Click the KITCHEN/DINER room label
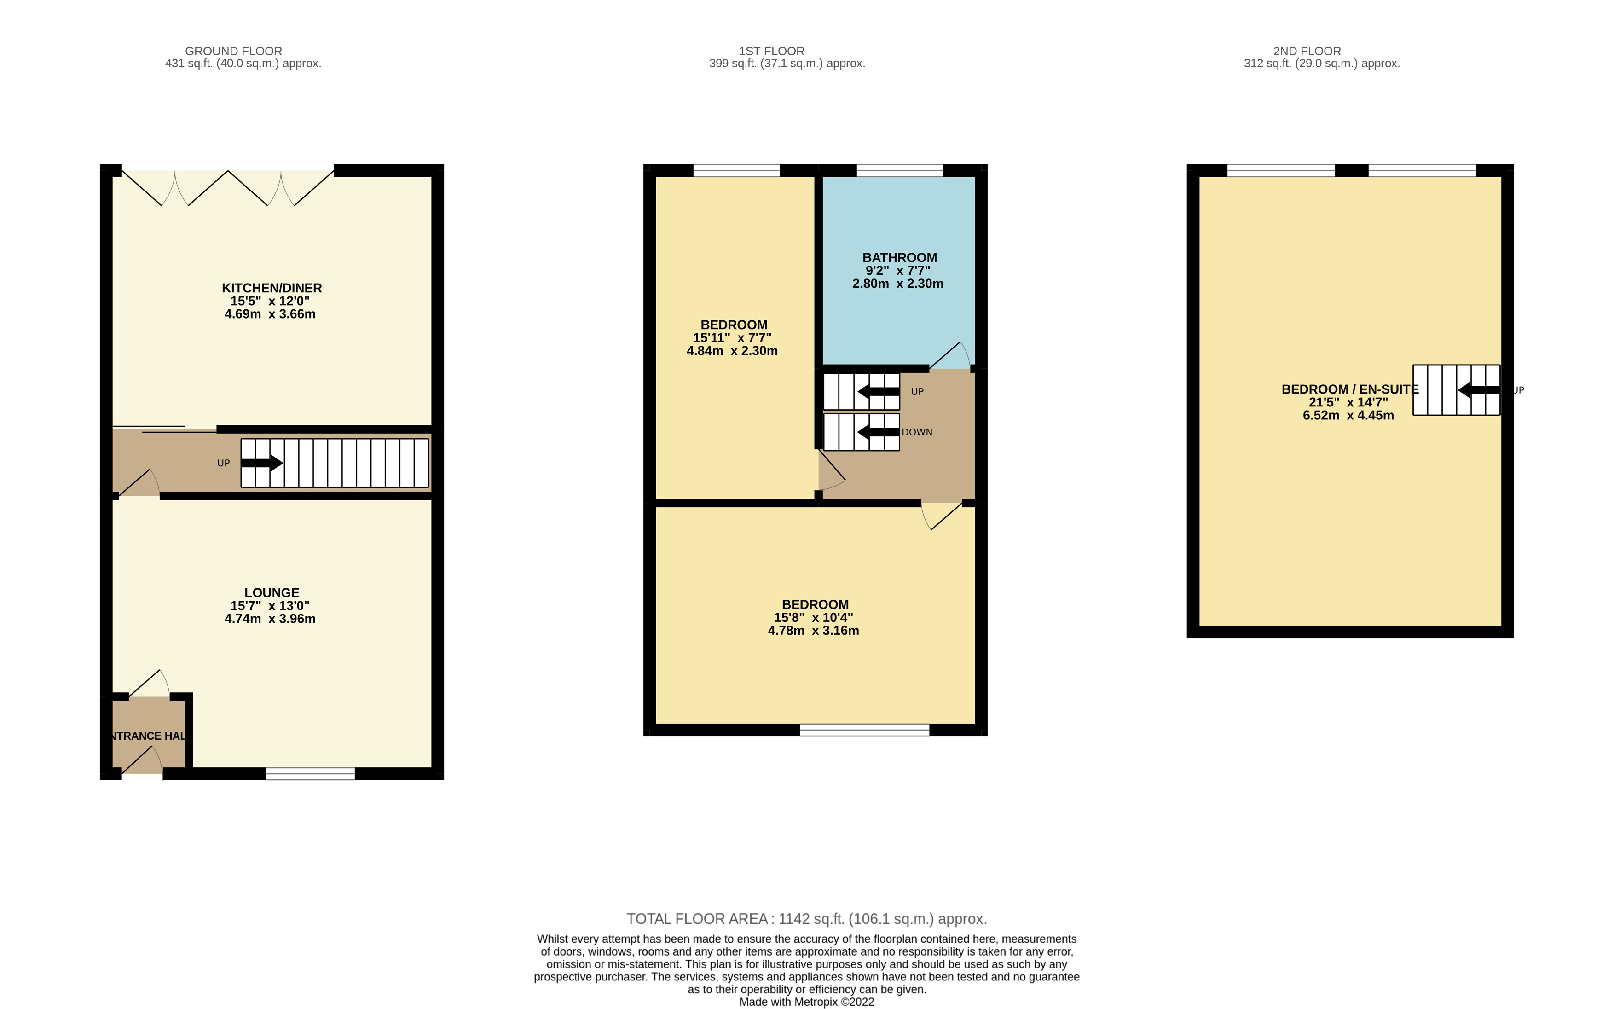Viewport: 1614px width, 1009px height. [272, 288]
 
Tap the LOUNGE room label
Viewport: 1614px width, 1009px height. [272, 592]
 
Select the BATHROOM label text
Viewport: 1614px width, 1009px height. [899, 258]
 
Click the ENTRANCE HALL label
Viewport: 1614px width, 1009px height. [147, 736]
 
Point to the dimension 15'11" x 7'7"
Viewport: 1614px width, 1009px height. [732, 338]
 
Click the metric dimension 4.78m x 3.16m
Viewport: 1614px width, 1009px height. [813, 631]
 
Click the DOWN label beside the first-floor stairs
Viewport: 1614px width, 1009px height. [917, 432]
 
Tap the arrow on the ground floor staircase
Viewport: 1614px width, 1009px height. [261, 463]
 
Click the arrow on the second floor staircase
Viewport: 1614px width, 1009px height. [1479, 390]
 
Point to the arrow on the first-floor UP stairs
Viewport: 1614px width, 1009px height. [878, 392]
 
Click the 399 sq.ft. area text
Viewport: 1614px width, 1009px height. [787, 64]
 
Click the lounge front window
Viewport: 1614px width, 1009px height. [310, 773]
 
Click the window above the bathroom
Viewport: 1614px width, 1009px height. [899, 171]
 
